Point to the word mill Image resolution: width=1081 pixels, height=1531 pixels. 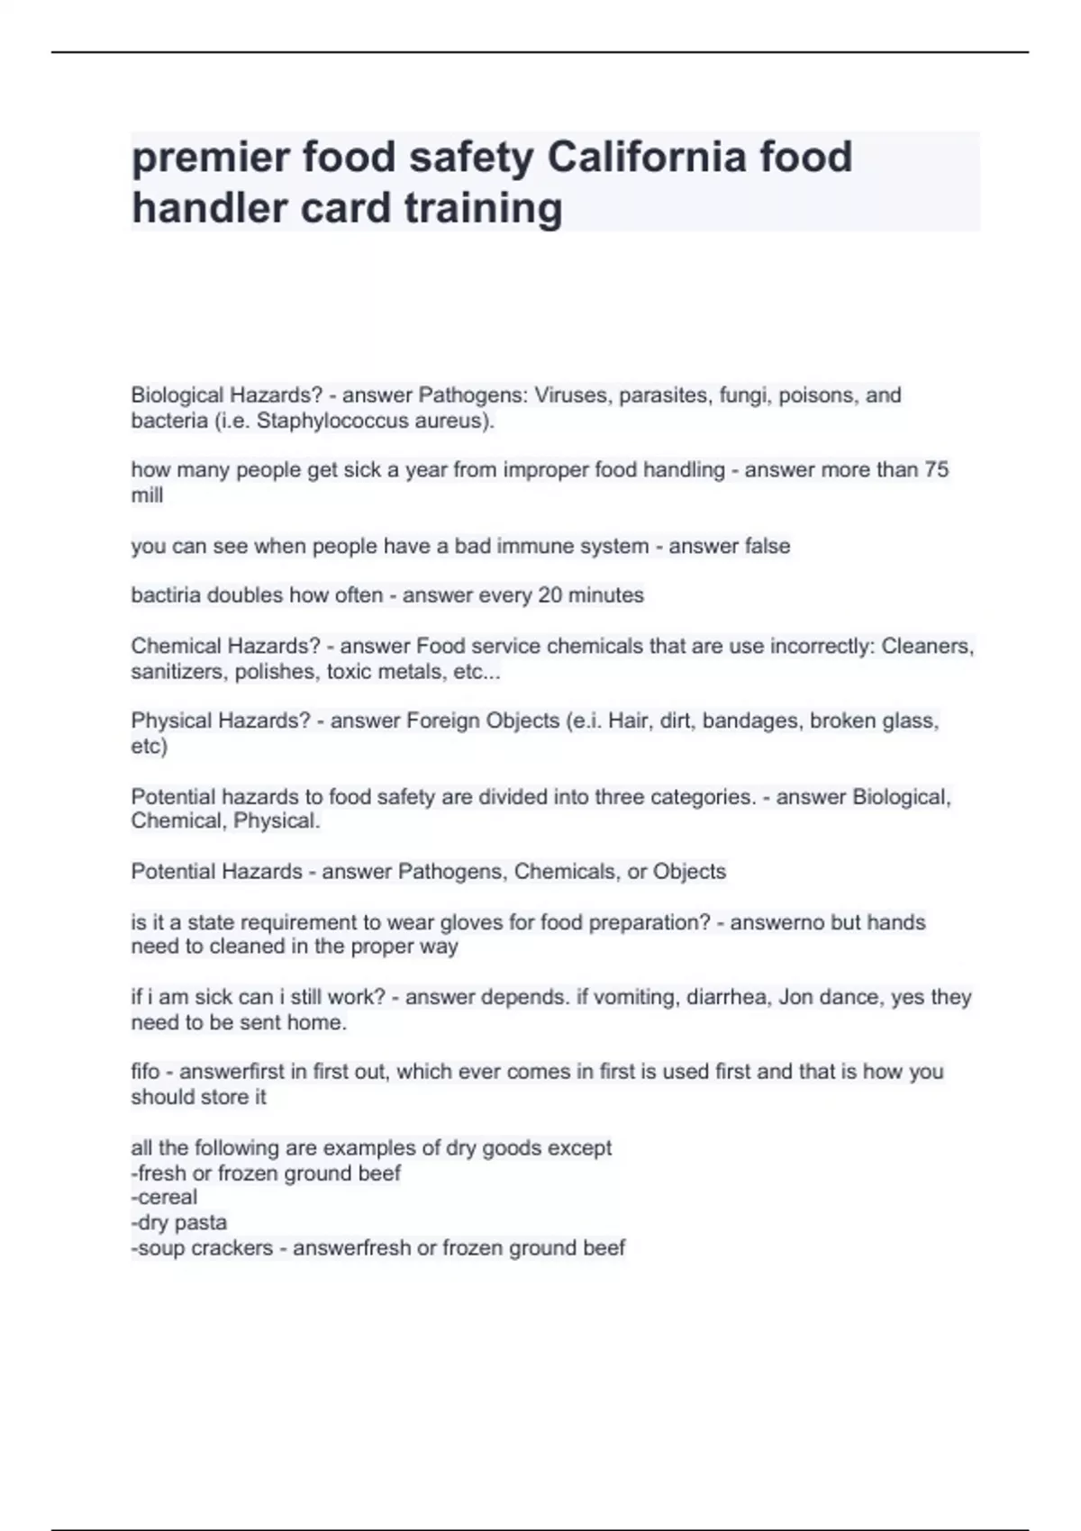[147, 494]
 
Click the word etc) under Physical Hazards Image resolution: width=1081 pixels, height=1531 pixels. [149, 746]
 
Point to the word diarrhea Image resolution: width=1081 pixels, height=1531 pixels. [725, 997]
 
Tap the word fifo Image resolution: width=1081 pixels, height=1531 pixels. [145, 1072]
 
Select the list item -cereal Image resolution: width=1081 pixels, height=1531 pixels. [164, 1197]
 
